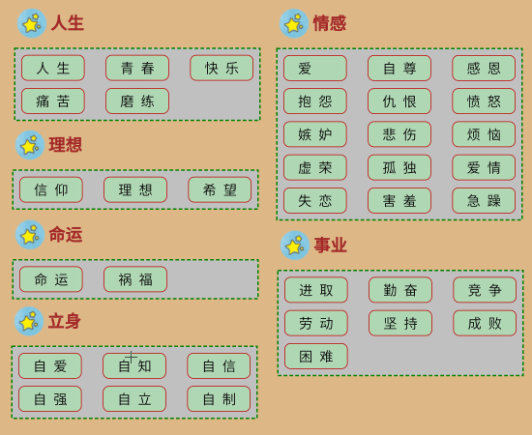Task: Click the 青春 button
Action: (x=137, y=68)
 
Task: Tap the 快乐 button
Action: (x=222, y=68)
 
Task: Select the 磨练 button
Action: (x=137, y=101)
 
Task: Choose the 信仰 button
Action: (x=51, y=189)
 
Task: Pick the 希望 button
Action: (x=220, y=189)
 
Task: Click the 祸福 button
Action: (x=135, y=279)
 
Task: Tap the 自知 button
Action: (x=134, y=365)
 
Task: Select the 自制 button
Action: (x=219, y=399)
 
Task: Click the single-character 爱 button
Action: (x=315, y=68)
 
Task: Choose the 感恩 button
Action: (x=484, y=68)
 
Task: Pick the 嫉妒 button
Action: (x=315, y=134)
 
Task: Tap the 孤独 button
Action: (x=399, y=167)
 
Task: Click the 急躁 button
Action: (x=484, y=200)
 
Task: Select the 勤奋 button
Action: (x=400, y=290)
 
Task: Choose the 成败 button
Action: (x=485, y=323)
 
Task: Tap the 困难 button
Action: (x=316, y=356)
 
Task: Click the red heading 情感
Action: (x=330, y=23)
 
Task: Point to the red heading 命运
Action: (x=66, y=235)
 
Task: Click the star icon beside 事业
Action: (x=295, y=246)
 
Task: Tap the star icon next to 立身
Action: (x=29, y=322)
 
